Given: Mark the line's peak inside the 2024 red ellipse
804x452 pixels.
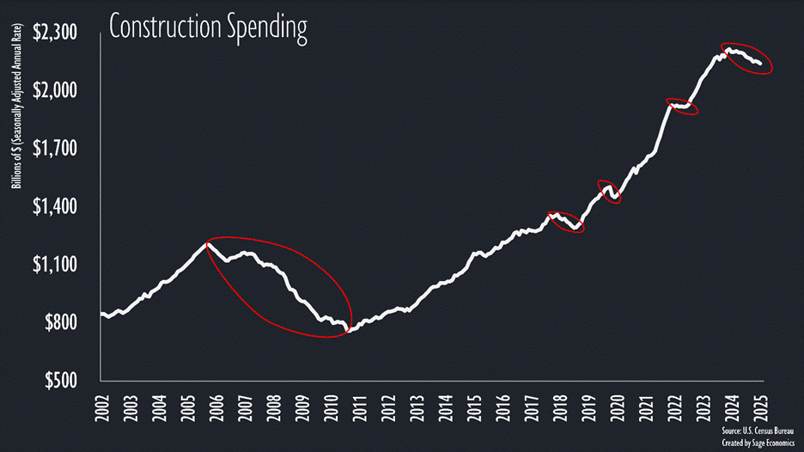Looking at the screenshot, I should [x=728, y=49].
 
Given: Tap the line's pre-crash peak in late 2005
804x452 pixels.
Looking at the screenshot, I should [x=207, y=244].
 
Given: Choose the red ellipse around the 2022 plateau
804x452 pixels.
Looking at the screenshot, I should [x=682, y=107].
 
